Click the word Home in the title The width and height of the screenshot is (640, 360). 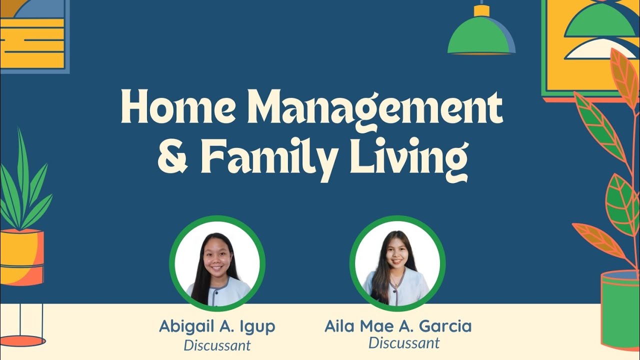pos(177,107)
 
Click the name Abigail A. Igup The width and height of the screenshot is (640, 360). pos(217,326)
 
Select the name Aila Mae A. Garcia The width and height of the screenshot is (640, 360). pos(397,326)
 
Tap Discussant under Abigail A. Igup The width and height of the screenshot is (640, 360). pos(217,345)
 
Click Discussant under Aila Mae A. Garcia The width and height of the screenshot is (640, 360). pos(404,343)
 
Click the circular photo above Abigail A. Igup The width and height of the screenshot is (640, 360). pos(217,263)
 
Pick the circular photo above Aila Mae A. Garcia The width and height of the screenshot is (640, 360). pos(397,263)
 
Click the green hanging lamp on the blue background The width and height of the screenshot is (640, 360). pos(481,37)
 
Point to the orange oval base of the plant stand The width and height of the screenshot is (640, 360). pos(22,341)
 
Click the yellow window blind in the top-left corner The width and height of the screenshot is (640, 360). pos(32,43)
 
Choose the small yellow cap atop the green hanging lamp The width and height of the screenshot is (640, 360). pos(481,10)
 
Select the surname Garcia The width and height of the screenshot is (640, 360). pos(444,326)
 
